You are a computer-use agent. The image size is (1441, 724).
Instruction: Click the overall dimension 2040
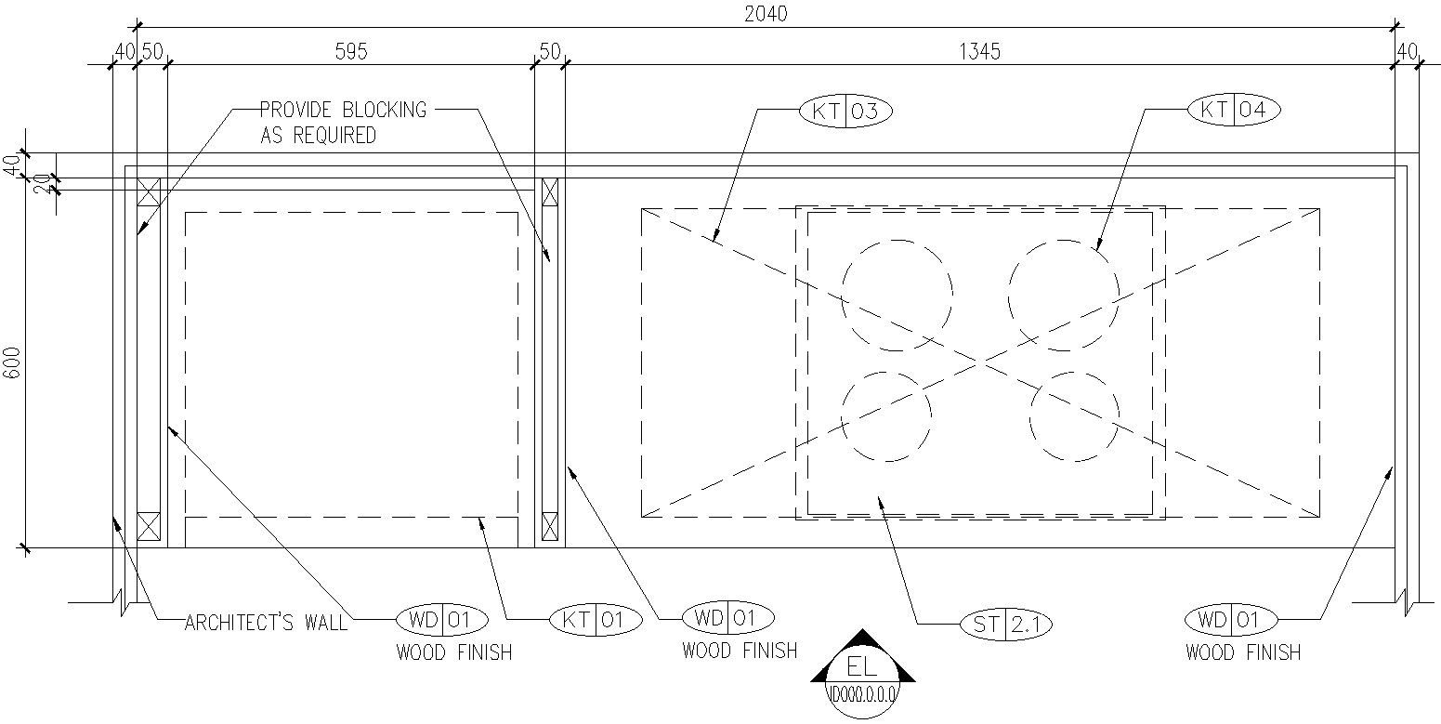click(x=766, y=14)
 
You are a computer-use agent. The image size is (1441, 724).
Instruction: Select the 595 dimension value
click(x=351, y=51)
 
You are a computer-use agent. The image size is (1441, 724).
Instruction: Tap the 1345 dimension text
click(x=980, y=51)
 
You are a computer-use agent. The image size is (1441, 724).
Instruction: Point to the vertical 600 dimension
click(x=14, y=363)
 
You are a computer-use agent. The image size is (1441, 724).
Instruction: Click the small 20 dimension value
click(x=42, y=184)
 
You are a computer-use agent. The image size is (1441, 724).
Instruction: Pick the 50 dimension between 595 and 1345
click(x=550, y=51)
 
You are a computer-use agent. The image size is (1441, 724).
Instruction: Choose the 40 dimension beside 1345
click(x=1408, y=51)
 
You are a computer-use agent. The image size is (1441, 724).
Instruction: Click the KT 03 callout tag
click(x=845, y=112)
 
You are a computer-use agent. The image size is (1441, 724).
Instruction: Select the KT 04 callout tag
click(x=1234, y=110)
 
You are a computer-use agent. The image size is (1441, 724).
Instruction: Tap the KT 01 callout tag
click(x=596, y=620)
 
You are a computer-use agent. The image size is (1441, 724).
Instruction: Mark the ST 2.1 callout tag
click(x=1006, y=624)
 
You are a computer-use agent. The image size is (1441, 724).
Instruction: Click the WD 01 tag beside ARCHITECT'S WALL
click(x=441, y=620)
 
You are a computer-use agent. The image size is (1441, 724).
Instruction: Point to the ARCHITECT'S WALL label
click(x=266, y=623)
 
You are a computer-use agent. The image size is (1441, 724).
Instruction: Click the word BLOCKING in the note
click(x=384, y=110)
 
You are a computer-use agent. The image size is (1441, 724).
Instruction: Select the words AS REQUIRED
click(x=318, y=135)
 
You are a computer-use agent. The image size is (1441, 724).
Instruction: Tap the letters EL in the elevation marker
click(x=861, y=666)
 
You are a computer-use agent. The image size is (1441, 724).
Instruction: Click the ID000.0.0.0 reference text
click(x=862, y=694)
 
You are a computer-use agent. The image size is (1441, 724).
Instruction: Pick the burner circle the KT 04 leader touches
click(x=1064, y=296)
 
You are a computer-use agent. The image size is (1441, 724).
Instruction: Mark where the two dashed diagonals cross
click(x=980, y=363)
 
